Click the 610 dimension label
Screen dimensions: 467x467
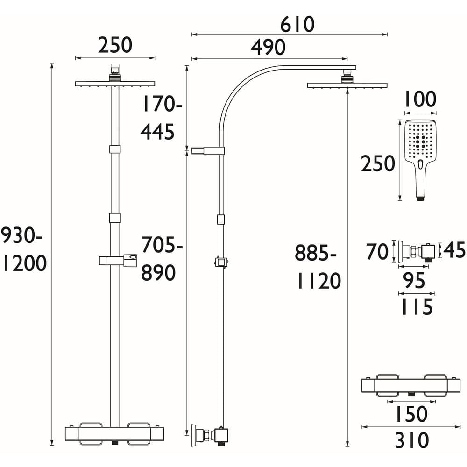tap(298, 24)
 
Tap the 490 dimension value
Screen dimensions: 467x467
tap(268, 48)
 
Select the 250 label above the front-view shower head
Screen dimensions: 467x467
tap(115, 45)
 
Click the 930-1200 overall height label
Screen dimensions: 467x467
tap(23, 250)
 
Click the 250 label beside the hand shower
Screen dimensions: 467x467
tap(378, 164)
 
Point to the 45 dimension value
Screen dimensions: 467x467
tap(454, 251)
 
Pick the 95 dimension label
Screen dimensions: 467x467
tap(414, 281)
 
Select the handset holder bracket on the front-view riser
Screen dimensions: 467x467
tap(118, 260)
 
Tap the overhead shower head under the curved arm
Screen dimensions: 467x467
tap(347, 85)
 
